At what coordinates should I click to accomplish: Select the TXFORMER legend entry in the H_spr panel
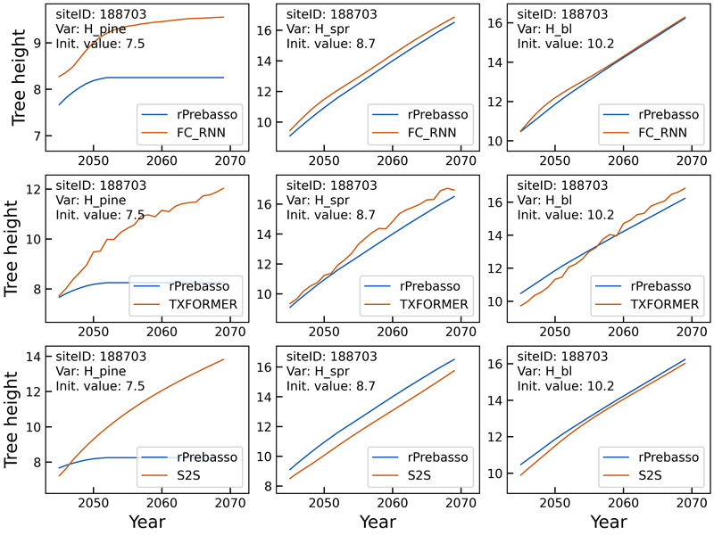(435, 305)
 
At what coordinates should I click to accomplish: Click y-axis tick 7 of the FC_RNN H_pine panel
(41, 136)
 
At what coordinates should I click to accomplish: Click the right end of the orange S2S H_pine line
(223, 358)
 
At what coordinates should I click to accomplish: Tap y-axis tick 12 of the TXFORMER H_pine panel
(37, 189)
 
